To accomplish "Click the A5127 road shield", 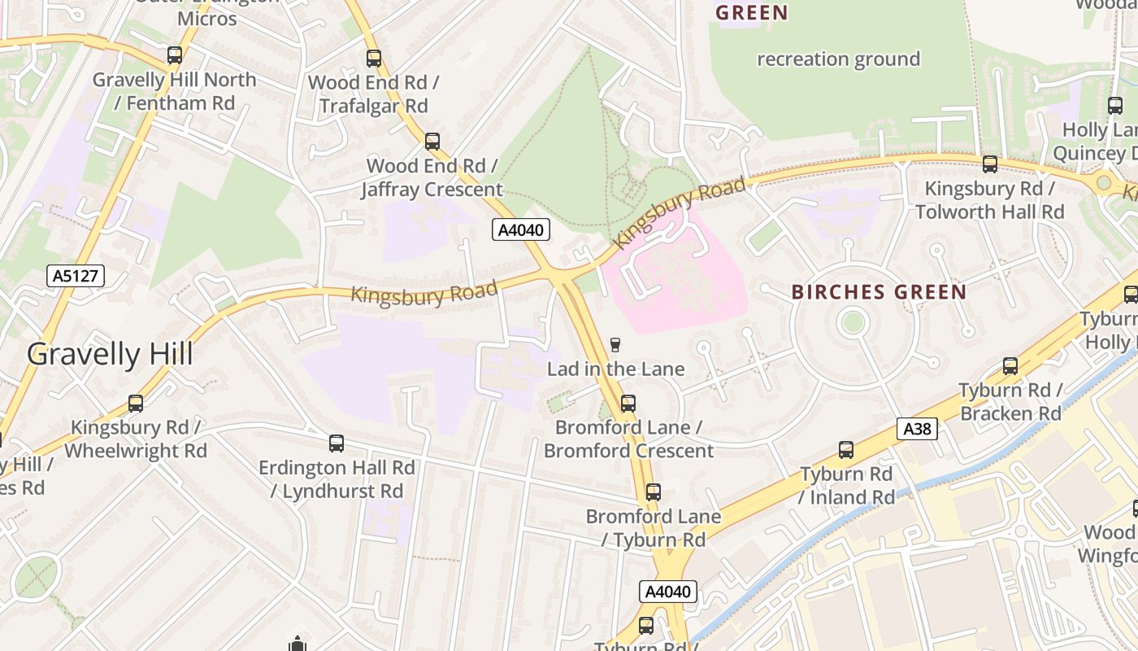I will pyautogui.click(x=76, y=276).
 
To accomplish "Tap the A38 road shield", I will pyautogui.click(x=918, y=429).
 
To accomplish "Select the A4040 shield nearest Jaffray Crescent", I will pyautogui.click(x=521, y=230).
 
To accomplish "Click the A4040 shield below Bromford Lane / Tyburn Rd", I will pyautogui.click(x=667, y=592).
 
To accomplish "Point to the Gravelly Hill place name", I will pyautogui.click(x=110, y=355).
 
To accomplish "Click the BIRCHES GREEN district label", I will pyautogui.click(x=879, y=292).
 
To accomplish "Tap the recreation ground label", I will pyautogui.click(x=838, y=59).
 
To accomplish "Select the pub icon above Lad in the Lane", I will pyautogui.click(x=615, y=345).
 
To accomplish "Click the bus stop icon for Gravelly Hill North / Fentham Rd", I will pyautogui.click(x=175, y=55).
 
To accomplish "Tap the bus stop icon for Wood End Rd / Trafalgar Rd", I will pyautogui.click(x=374, y=59).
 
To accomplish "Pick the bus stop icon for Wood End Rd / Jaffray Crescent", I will pyautogui.click(x=432, y=142).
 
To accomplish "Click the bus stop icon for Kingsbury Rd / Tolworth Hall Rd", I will pyautogui.click(x=990, y=164).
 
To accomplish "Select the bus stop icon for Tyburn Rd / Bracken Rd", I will pyautogui.click(x=1010, y=366).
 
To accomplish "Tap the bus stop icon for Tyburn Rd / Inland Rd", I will pyautogui.click(x=846, y=450).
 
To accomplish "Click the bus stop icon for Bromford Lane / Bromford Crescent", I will pyautogui.click(x=628, y=404).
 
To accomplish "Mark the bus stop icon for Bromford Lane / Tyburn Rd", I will pyautogui.click(x=654, y=492).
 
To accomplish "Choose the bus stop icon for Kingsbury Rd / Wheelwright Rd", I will pyautogui.click(x=136, y=404).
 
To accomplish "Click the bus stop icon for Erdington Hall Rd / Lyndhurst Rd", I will pyautogui.click(x=337, y=443).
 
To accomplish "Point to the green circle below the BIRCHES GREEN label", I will pyautogui.click(x=853, y=323).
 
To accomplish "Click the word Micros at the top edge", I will pyautogui.click(x=207, y=18).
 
